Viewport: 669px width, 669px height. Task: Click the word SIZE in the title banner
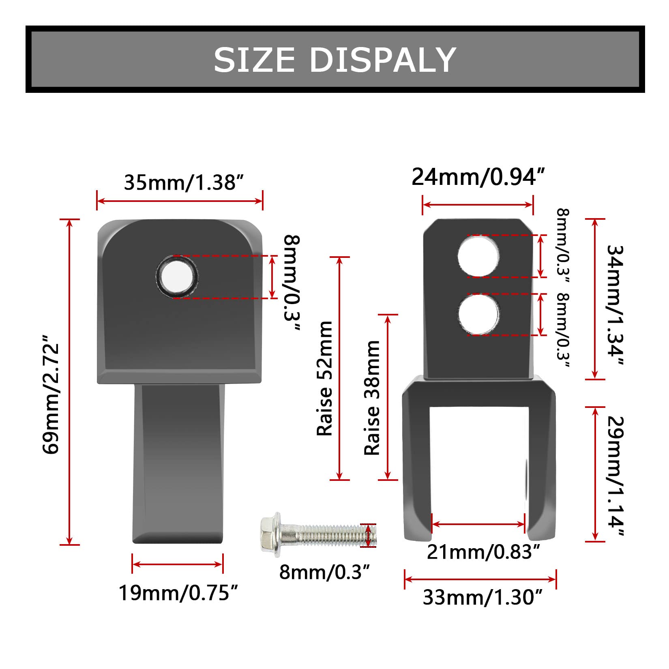click(254, 60)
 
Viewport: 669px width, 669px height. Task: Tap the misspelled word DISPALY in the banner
click(383, 60)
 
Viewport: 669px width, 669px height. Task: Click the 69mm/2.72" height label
click(52, 393)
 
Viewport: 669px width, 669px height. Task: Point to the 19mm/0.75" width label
click(178, 593)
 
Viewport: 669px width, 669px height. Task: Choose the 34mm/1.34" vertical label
click(615, 305)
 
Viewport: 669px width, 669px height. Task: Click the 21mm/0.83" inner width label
click(483, 552)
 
